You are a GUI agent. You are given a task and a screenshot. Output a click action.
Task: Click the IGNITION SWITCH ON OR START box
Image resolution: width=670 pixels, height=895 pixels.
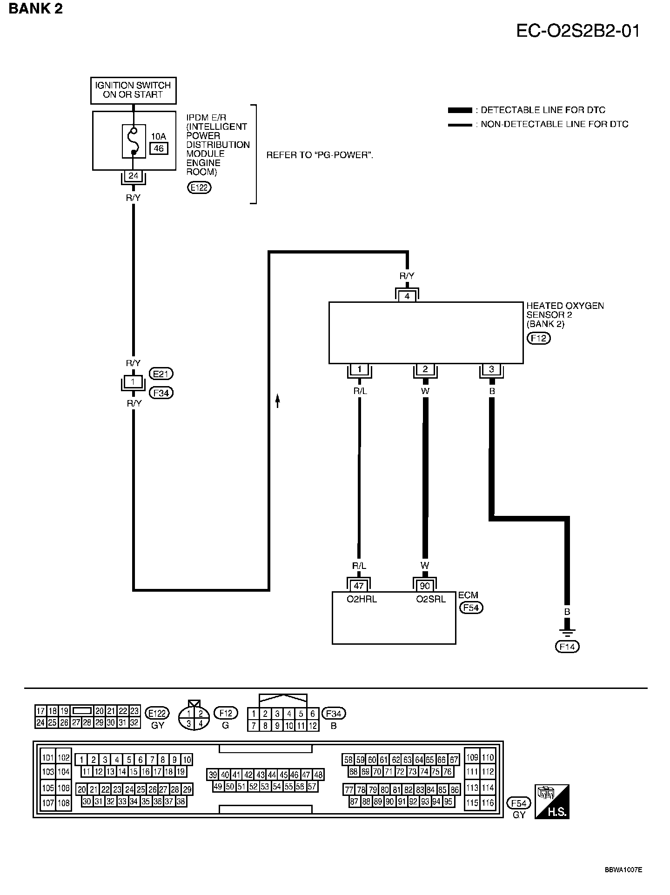tap(133, 90)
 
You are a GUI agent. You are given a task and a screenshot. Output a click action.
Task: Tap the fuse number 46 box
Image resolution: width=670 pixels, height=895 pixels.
tap(159, 149)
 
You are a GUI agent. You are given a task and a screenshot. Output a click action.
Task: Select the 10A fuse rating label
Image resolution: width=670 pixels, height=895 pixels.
tap(158, 136)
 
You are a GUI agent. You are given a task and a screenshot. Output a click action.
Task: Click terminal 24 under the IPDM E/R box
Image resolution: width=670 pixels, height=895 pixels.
tap(134, 176)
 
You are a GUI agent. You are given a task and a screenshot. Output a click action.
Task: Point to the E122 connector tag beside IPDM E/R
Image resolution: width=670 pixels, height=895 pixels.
tap(199, 187)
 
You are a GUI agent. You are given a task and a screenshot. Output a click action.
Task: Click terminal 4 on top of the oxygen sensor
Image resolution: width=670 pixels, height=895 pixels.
tap(407, 296)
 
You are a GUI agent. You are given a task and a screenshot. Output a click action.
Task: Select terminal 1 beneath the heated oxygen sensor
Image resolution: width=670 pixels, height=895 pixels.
tap(359, 370)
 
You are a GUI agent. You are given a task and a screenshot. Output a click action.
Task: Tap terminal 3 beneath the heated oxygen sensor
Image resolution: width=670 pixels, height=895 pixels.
tap(491, 370)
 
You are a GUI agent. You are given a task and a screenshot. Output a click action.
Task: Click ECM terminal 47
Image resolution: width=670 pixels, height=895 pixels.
tap(359, 586)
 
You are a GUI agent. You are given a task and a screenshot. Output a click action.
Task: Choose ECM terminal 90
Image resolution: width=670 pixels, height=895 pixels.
tap(425, 586)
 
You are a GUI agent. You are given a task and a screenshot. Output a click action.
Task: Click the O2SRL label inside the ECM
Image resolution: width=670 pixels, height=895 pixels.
tap(431, 600)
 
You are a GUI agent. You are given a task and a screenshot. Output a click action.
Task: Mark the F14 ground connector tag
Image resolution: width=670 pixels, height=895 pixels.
tap(567, 647)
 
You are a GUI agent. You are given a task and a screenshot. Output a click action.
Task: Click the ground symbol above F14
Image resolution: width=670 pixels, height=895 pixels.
tap(567, 633)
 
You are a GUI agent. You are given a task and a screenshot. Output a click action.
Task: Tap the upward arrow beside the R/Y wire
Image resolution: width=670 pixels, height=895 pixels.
tap(278, 401)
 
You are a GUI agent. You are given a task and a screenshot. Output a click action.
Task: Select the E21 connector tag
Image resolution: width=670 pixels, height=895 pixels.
tap(161, 374)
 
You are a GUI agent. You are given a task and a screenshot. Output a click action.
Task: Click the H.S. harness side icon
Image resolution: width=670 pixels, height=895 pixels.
tap(552, 801)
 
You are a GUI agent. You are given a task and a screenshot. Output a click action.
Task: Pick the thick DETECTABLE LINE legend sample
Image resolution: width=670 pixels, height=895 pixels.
tap(460, 110)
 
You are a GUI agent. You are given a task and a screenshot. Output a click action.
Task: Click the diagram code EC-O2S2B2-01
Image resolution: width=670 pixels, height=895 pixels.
tap(578, 31)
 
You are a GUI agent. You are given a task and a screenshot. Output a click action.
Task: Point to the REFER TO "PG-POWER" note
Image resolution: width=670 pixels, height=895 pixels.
tap(320, 155)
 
